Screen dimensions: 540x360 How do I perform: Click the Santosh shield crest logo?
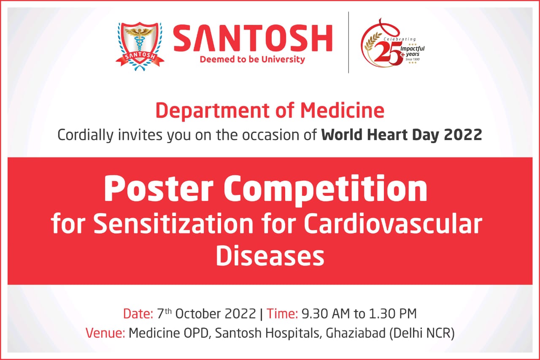click(140, 46)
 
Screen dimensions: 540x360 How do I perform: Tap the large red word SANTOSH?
click(253, 38)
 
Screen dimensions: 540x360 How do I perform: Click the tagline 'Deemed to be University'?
click(252, 60)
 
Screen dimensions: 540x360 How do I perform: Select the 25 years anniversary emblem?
click(393, 43)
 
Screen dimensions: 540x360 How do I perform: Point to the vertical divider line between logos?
click(348, 42)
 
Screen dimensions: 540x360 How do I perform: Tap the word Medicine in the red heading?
click(342, 111)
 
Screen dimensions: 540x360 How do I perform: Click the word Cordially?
click(85, 135)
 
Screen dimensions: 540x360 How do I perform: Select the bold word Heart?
click(388, 135)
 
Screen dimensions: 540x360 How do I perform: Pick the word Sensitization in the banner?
click(173, 224)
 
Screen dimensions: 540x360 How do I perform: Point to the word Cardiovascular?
click(393, 224)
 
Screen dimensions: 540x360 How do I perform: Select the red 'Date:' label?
click(138, 314)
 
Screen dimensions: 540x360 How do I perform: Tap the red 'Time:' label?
click(282, 314)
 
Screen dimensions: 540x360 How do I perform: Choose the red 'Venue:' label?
click(105, 333)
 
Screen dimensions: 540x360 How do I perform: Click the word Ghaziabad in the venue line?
click(356, 333)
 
